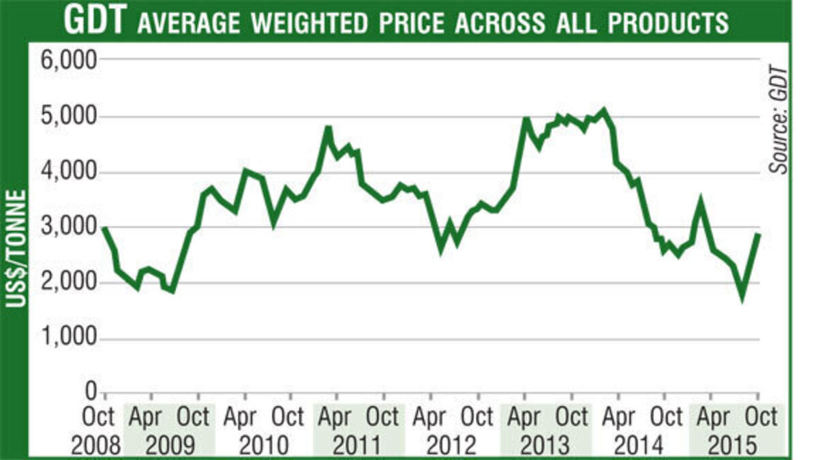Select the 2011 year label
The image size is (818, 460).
click(x=358, y=446)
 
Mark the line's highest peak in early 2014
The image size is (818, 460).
click(x=603, y=110)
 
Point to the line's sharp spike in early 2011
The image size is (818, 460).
click(x=328, y=127)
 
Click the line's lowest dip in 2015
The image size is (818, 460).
click(x=742, y=297)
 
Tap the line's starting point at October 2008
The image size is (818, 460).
click(x=104, y=229)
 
